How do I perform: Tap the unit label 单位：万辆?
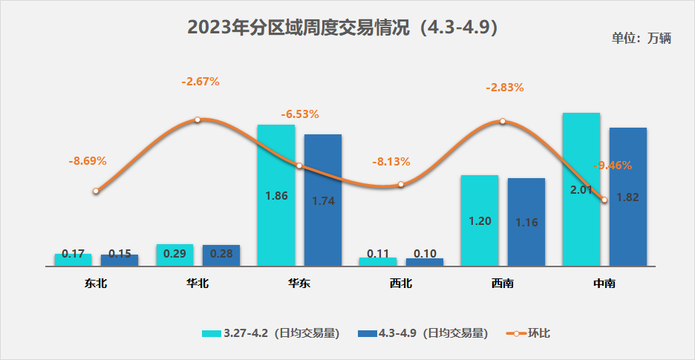click(642, 39)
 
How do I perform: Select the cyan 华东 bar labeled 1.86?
click(276, 195)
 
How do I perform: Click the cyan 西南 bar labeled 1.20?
click(480, 220)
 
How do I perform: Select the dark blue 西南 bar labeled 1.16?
click(526, 222)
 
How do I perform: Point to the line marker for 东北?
click(96, 191)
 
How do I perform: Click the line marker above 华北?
click(198, 120)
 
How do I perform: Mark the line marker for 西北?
click(401, 184)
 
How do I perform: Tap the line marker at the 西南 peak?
click(503, 121)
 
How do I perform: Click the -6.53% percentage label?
click(300, 114)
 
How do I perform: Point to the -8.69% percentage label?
click(88, 160)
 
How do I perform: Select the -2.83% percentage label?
click(505, 87)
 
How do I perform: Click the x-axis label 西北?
click(401, 283)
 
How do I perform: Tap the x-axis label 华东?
click(299, 283)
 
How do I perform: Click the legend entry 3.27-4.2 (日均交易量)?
click(271, 333)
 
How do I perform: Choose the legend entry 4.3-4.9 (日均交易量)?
click(422, 333)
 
